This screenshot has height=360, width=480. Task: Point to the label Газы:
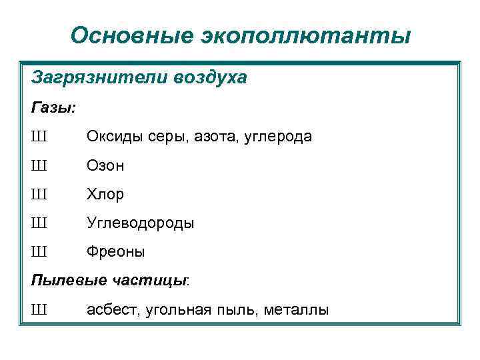[x=53, y=107]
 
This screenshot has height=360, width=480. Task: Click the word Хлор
[x=105, y=194]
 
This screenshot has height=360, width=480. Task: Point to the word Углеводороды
[x=141, y=223]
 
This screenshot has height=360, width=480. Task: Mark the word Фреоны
[x=116, y=252]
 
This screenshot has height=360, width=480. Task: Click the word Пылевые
[x=65, y=281]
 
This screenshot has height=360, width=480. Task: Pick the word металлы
[x=296, y=310]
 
